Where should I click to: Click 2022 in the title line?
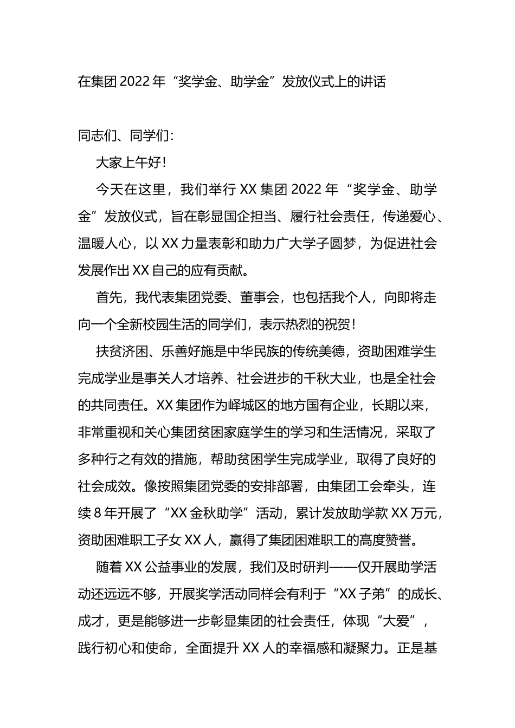[135, 82]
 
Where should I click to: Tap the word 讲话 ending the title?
[373, 82]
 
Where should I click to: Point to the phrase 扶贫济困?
[123, 352]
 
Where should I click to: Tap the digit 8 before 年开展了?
[98, 513]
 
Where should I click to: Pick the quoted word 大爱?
[396, 621]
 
